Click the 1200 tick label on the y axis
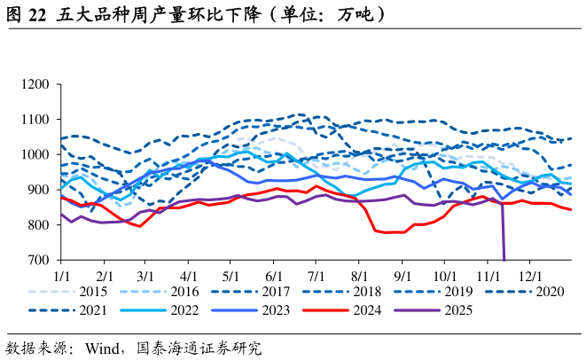39,84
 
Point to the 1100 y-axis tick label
39,120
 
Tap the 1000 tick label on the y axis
39,155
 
